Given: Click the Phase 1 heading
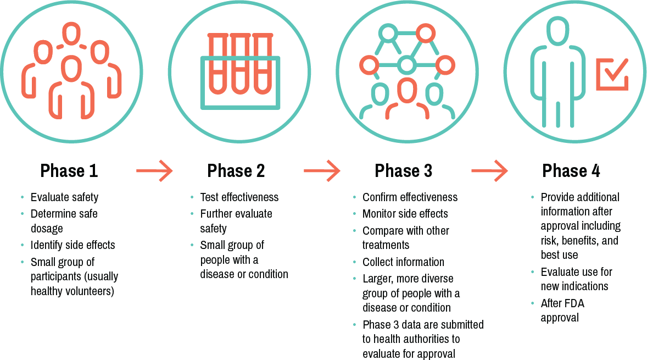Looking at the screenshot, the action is [x=69, y=171].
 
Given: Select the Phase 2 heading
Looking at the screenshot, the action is [x=236, y=171].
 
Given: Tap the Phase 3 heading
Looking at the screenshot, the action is [x=404, y=171].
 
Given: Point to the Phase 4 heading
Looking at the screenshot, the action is [x=571, y=171].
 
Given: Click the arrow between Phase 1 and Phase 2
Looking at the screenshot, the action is [x=154, y=170].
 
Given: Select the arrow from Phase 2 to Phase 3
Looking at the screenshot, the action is [x=322, y=170].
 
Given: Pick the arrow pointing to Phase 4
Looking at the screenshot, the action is [x=489, y=170].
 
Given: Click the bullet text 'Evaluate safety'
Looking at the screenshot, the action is [x=64, y=197].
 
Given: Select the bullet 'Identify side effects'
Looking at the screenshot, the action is [x=72, y=245].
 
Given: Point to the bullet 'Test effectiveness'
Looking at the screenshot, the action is [x=239, y=197].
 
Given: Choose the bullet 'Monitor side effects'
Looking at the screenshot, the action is [x=405, y=214].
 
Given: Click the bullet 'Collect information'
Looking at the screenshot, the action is [x=404, y=262].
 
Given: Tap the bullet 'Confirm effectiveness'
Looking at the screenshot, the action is [x=410, y=197].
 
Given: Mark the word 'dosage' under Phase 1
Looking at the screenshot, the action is [x=47, y=229].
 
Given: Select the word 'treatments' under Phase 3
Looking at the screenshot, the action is [x=386, y=245].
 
